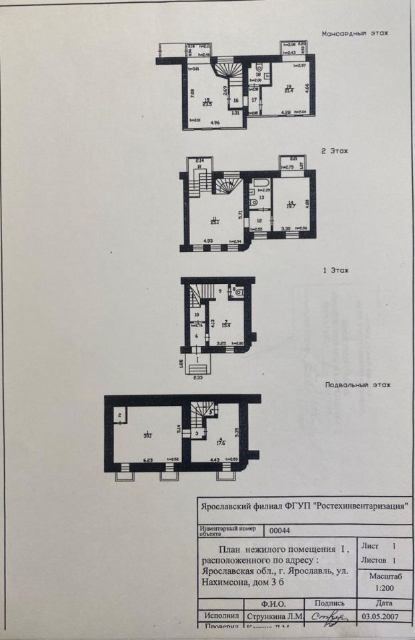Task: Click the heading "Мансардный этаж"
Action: [354, 33]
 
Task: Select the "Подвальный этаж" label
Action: [357, 385]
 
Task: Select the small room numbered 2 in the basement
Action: [119, 416]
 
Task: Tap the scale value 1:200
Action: [384, 589]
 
